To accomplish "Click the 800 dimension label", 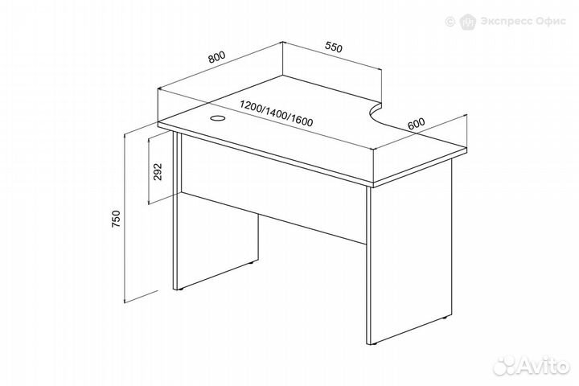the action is (x=216, y=57).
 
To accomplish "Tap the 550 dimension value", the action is (x=334, y=47).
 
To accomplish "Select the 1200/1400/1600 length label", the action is (x=276, y=113).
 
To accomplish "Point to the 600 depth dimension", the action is (x=417, y=123).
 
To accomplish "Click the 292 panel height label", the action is (x=158, y=171).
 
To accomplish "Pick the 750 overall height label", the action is (x=116, y=218).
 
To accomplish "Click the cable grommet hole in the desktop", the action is (x=217, y=118).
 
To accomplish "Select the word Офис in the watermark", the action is (x=550, y=21).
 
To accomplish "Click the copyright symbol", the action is (x=450, y=21).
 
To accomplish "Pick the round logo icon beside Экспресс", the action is (x=468, y=21).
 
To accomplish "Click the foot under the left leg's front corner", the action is (x=179, y=290).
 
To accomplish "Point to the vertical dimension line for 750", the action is (x=125, y=219).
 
